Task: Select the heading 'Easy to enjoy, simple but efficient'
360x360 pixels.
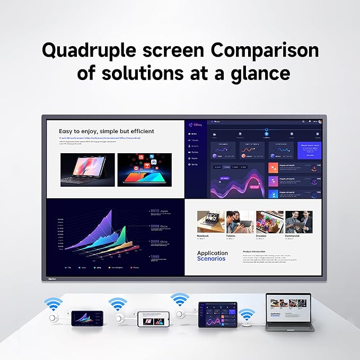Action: click(x=107, y=131)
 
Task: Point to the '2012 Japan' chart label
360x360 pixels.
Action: click(x=160, y=210)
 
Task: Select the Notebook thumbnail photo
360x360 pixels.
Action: click(x=210, y=222)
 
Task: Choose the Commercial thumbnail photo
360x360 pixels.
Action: click(x=299, y=222)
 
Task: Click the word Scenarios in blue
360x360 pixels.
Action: click(x=211, y=259)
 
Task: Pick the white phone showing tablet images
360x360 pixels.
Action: click(x=154, y=321)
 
